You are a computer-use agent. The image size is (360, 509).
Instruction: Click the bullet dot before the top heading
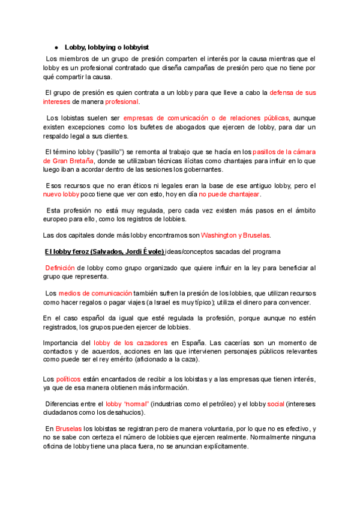coord(56,47)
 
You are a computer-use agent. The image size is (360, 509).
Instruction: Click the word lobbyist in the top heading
coord(134,47)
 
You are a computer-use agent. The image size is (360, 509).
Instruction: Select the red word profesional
coord(122,102)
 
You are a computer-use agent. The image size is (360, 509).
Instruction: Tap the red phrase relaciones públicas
coord(262,118)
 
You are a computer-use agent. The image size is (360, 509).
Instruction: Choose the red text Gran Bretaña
coord(69,161)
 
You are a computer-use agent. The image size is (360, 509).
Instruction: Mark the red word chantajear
coord(241,194)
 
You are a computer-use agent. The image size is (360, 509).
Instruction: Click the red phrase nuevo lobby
coord(61,194)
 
